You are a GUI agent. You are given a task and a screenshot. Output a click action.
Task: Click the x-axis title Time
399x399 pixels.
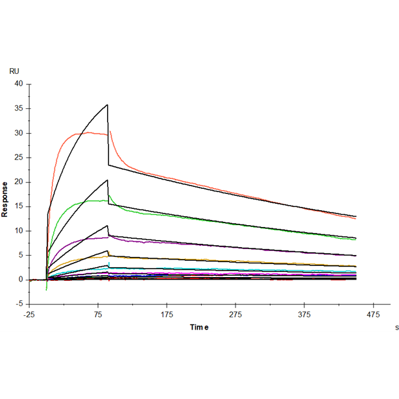coord(199,327)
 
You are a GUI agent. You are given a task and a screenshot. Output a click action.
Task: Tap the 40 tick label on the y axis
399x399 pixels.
coord(18,84)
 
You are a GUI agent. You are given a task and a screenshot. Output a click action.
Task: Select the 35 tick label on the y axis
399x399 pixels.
coord(18,108)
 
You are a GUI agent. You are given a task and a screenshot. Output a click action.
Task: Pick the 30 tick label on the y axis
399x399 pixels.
coord(18,133)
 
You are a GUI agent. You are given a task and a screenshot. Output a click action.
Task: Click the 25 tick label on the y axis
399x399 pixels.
coord(18,158)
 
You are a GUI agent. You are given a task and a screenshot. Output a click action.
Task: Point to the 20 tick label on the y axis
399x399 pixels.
coord(18,182)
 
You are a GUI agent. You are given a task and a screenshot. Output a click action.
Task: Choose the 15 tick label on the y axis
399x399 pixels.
coord(18,206)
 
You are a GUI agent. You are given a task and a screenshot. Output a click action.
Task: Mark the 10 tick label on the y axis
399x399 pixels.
coord(18,230)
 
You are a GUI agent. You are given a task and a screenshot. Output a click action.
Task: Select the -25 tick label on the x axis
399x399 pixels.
coord(29,315)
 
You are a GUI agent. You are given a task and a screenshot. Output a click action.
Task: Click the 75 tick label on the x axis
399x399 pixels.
coord(98,315)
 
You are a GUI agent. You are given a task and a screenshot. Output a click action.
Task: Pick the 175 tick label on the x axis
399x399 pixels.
coord(167,315)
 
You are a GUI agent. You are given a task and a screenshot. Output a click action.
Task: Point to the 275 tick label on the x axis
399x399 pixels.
coord(236,315)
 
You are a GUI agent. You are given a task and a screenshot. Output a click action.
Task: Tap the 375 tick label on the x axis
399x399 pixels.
coord(304,315)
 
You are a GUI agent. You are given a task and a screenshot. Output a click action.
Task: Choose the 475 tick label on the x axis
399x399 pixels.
coord(372,315)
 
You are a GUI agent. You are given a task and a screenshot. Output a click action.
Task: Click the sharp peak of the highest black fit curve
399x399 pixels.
coord(108,104)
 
